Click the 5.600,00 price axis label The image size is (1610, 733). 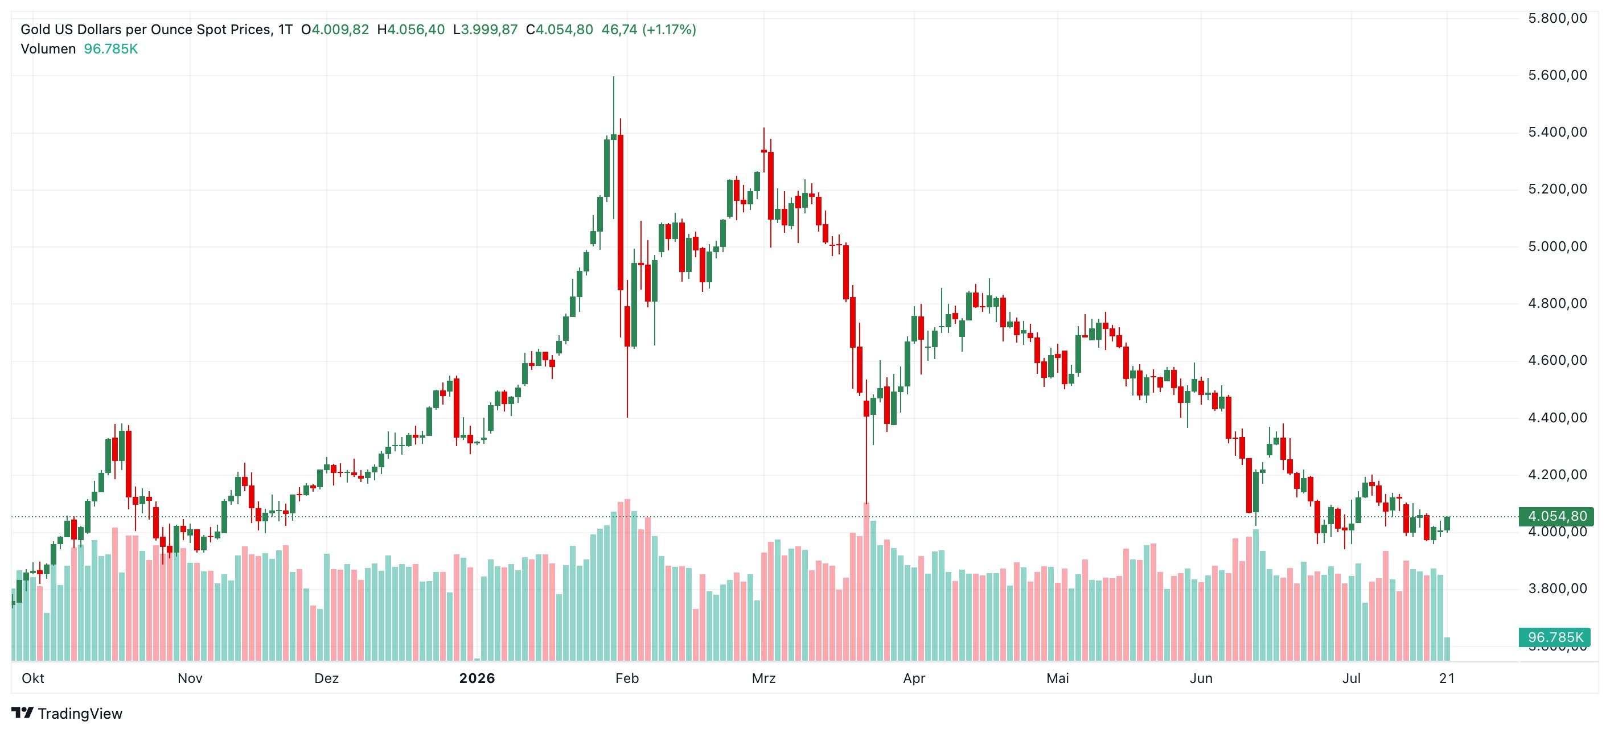click(x=1557, y=76)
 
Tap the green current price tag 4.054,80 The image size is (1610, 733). click(x=1557, y=517)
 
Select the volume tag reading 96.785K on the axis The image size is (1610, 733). click(x=1555, y=637)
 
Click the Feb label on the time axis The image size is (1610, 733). click(x=627, y=678)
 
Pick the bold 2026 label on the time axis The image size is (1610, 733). click(x=477, y=678)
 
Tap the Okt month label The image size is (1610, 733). click(x=32, y=678)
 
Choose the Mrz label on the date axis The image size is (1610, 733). click(x=764, y=678)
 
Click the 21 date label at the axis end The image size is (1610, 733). click(x=1447, y=678)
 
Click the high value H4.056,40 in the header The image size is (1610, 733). click(x=410, y=30)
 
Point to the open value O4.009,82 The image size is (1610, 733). click(x=335, y=30)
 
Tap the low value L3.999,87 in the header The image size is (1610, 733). click(x=486, y=30)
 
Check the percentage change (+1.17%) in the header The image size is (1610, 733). click(x=669, y=30)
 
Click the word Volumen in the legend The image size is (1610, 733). click(x=48, y=49)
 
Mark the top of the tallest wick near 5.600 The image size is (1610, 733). click(x=614, y=77)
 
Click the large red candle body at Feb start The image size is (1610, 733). click(x=620, y=212)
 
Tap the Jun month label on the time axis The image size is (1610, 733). click(x=1201, y=678)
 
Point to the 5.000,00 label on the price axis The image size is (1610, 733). click(x=1557, y=247)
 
